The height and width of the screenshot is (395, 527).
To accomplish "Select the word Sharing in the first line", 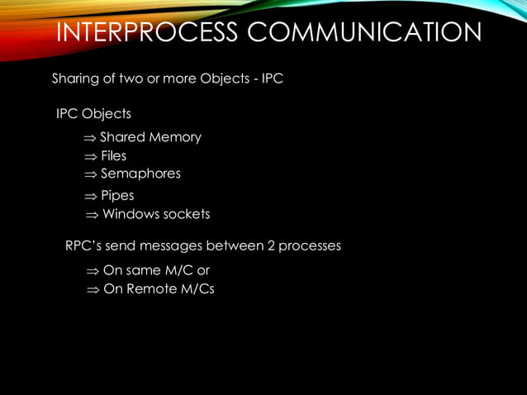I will pyautogui.click(x=74, y=79).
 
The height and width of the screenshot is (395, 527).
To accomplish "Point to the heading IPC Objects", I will pyautogui.click(x=93, y=112).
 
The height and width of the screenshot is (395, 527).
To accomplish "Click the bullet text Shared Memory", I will pyautogui.click(x=150, y=137).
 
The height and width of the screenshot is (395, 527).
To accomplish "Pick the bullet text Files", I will pyautogui.click(x=113, y=155).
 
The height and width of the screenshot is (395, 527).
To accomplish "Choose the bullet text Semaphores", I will pyautogui.click(x=140, y=174).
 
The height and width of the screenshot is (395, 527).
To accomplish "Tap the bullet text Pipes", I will pyautogui.click(x=117, y=196).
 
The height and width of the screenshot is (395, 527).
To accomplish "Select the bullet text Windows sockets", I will pyautogui.click(x=155, y=214).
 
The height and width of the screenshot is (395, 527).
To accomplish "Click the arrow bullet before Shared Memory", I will pyautogui.click(x=90, y=138).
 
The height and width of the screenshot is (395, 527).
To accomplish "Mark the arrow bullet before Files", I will pyautogui.click(x=90, y=156).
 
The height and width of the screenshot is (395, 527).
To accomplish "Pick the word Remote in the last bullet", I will pyautogui.click(x=151, y=289).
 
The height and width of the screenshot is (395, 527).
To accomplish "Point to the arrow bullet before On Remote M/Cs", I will pyautogui.click(x=93, y=290).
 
